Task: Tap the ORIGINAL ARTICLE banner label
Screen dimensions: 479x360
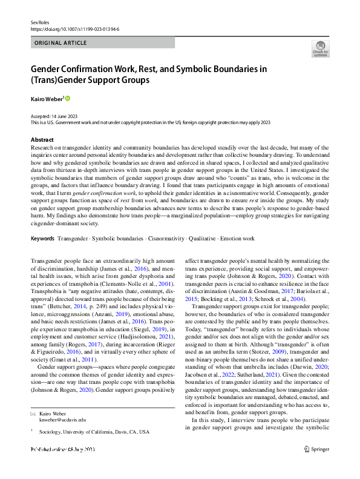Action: coord(61,43)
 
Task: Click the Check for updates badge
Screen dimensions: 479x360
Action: coord(320,48)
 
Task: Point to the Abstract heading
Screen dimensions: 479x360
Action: coord(41,139)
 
